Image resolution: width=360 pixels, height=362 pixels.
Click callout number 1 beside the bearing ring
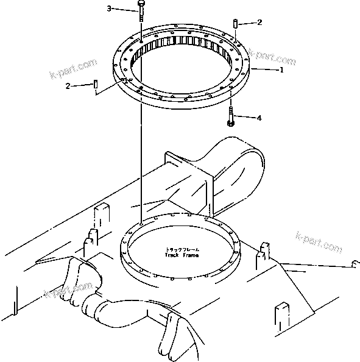pyautogui.click(x=281, y=70)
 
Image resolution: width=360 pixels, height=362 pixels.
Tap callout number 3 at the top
pyautogui.click(x=110, y=9)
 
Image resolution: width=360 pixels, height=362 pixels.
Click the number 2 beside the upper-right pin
pyautogui.click(x=259, y=23)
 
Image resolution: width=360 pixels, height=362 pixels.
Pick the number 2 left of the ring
pyautogui.click(x=69, y=85)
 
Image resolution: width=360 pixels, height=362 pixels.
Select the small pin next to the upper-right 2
pyautogui.click(x=235, y=23)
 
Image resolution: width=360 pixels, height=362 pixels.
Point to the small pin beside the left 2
pyautogui.click(x=96, y=84)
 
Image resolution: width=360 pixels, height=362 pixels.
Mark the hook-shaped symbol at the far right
pyautogui.click(x=355, y=263)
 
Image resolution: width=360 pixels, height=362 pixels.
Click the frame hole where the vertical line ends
pyautogui.click(x=141, y=224)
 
